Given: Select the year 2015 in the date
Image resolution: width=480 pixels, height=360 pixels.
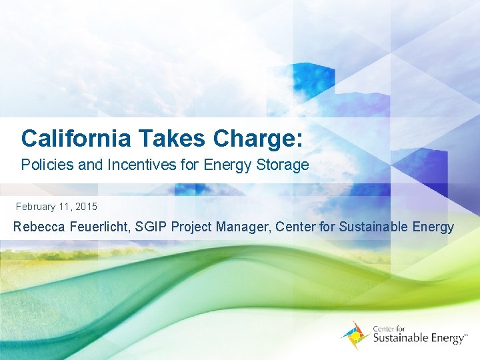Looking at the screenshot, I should (86, 207).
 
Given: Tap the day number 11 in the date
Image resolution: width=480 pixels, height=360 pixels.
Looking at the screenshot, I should (66, 207).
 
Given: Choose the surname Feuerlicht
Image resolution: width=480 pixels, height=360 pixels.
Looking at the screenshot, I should (99, 227).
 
